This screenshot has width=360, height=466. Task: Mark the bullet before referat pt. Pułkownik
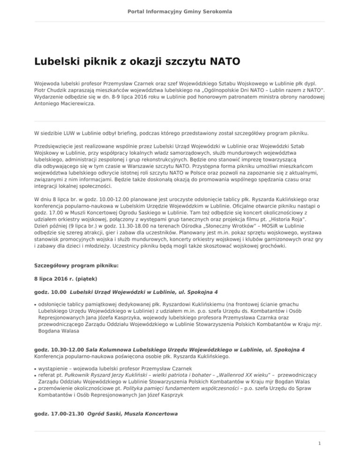click(36, 376)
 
